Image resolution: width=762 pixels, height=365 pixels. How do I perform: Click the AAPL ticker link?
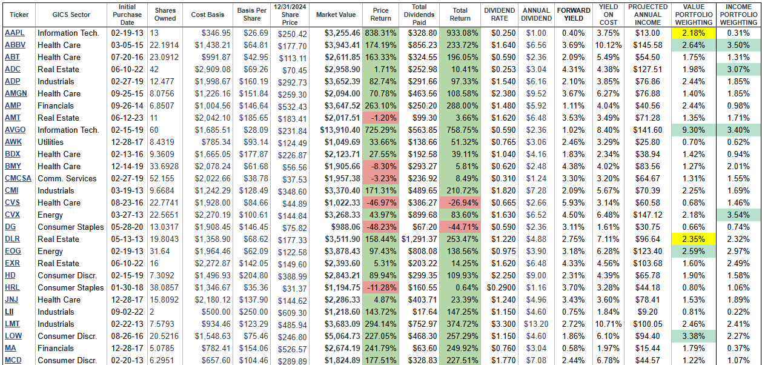click(x=15, y=33)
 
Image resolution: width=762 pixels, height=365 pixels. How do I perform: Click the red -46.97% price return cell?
click(x=380, y=203)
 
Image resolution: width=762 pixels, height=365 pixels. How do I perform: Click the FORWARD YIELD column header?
click(x=574, y=15)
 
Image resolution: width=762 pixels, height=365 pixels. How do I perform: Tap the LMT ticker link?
click(x=12, y=324)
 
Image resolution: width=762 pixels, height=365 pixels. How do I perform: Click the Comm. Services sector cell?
click(x=67, y=178)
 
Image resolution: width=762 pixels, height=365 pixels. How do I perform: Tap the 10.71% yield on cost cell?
click(x=608, y=324)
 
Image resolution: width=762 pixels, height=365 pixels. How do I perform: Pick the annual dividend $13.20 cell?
click(x=536, y=324)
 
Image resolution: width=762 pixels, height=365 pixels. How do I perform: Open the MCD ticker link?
click(x=13, y=360)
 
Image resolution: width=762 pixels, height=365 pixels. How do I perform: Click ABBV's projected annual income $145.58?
click(x=648, y=45)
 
